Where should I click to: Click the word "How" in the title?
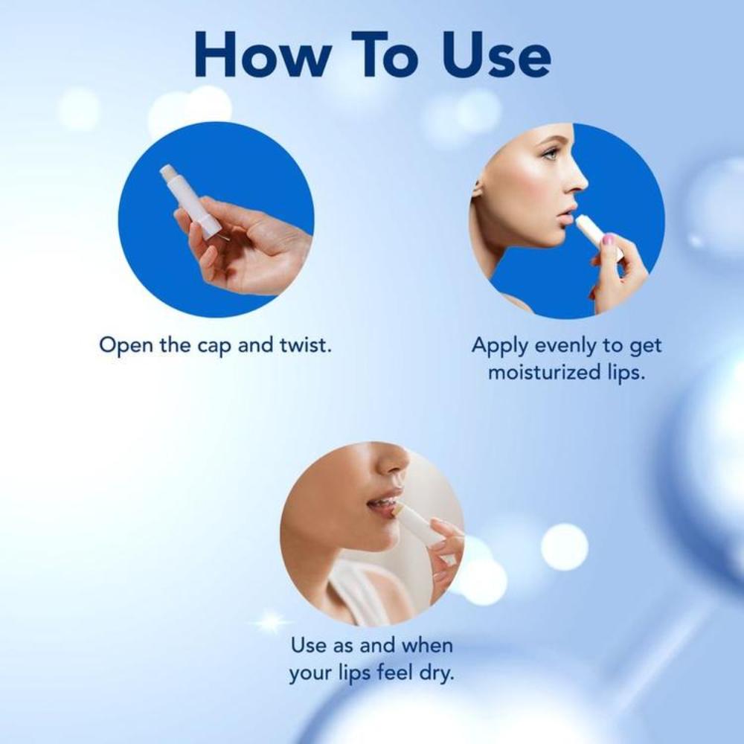(262, 54)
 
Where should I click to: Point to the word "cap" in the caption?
(214, 347)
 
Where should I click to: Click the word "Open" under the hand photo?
(126, 346)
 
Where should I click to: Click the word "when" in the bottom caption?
(427, 645)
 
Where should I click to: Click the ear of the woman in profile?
(477, 186)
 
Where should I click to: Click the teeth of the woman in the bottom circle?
(387, 501)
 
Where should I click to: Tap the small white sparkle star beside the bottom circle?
(272, 621)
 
